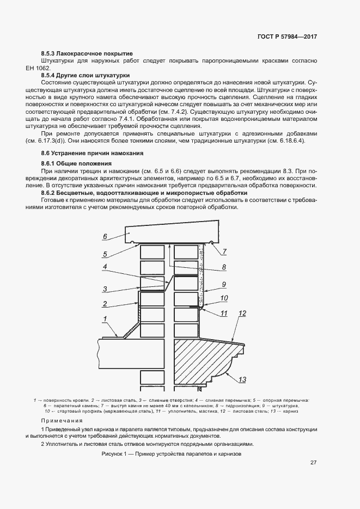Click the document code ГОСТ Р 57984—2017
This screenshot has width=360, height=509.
point(287,36)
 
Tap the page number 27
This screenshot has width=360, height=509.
point(314,463)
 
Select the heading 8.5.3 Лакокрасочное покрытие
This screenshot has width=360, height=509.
point(87,54)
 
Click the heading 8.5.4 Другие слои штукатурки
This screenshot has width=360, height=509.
point(86,75)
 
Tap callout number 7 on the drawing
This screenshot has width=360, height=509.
point(224,252)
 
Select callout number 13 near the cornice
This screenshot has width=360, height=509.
point(242,379)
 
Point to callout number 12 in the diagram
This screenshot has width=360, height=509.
point(242,314)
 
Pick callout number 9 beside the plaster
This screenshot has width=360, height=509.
point(223,284)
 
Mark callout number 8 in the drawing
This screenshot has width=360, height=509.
point(223,267)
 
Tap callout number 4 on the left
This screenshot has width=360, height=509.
point(105,267)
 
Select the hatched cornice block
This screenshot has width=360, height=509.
point(202,359)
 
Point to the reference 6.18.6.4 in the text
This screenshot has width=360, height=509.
point(291,140)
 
